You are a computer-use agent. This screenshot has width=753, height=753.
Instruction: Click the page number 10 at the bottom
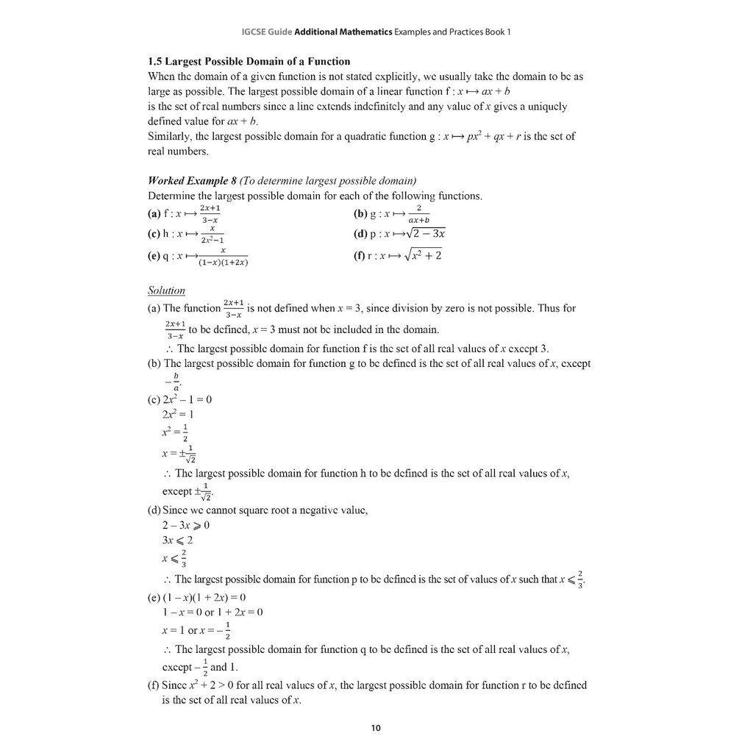tap(376, 729)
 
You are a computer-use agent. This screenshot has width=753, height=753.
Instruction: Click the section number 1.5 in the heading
tap(155, 61)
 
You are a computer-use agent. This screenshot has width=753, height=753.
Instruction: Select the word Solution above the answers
tap(166, 290)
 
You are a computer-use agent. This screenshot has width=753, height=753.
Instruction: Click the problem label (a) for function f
tap(154, 215)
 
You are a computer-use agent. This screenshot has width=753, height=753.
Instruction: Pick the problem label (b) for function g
tap(360, 215)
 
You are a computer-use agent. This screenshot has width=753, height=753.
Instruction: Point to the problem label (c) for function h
tap(154, 235)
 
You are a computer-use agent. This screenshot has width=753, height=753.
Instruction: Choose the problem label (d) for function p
tap(360, 235)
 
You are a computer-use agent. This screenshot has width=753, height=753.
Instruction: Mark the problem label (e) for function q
tap(154, 257)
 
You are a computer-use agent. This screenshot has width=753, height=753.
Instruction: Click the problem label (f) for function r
tap(359, 257)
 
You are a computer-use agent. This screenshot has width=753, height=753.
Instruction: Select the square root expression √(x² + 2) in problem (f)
tap(423, 256)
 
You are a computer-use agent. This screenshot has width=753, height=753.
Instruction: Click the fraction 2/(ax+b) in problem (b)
tap(418, 215)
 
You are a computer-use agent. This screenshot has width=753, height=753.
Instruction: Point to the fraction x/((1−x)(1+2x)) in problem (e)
tap(223, 257)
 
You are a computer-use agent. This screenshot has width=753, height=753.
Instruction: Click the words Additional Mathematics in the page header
tap(343, 32)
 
